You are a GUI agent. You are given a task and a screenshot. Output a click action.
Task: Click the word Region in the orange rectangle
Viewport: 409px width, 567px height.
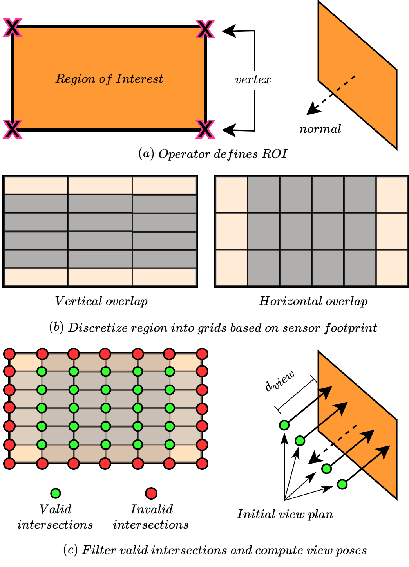pos(76,79)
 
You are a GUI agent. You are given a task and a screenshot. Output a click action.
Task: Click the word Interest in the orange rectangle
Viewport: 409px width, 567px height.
pos(139,79)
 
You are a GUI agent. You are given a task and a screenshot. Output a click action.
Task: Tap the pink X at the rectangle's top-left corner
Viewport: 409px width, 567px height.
pos(13,28)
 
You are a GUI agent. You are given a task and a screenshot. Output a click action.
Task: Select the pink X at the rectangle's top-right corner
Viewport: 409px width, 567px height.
pos(205,29)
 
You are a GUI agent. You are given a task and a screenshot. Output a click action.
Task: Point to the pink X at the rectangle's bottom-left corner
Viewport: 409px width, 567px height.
pos(13,129)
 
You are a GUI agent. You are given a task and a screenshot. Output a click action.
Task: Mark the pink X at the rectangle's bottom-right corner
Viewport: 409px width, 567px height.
pos(205,129)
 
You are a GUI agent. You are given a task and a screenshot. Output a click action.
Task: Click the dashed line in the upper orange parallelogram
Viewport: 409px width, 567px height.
pos(346,83)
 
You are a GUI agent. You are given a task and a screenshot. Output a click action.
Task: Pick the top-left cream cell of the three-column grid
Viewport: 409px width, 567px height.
pos(36,185)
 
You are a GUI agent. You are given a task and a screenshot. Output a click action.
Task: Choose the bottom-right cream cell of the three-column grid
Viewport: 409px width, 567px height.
pos(165,277)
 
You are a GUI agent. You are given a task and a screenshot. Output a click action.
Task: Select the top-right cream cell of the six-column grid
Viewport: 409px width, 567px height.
pos(392,195)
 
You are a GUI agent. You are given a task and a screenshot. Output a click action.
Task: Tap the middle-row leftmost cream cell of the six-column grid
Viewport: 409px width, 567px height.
pos(232,231)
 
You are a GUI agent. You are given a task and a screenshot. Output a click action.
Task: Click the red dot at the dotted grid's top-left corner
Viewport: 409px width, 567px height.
pos(9,354)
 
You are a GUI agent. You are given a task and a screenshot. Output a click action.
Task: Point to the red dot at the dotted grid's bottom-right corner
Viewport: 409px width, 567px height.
pos(202,464)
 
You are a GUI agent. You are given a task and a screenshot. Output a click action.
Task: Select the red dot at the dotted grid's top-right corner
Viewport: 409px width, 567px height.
pos(202,354)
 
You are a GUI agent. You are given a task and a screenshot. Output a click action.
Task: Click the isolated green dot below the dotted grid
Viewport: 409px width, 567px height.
pos(56,493)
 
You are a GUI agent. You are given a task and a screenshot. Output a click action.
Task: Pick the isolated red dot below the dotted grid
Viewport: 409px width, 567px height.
pos(151,493)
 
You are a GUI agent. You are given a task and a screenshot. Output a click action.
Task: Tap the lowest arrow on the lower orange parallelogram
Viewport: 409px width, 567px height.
pos(376,457)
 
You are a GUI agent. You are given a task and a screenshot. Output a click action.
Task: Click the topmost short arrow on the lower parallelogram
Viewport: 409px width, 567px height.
pos(325,392)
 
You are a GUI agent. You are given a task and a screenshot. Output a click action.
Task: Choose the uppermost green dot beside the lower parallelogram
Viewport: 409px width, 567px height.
pos(284,425)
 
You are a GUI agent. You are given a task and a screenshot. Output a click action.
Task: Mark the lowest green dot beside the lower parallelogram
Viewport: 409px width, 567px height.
pos(342,484)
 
